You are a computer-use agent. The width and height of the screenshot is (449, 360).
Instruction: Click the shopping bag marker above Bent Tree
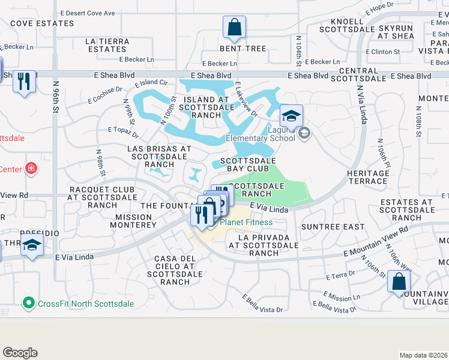point(234,28)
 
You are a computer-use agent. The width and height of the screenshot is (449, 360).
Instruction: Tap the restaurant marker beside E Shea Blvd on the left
point(24,82)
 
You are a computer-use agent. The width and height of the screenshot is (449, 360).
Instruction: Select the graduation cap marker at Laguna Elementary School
point(291,116)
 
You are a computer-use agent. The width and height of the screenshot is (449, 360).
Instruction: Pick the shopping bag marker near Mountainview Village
point(399,283)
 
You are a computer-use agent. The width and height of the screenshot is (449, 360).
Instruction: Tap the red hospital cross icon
point(31,169)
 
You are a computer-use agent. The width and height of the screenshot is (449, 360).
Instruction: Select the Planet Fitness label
point(246,222)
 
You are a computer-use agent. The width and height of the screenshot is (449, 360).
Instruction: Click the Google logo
point(20,353)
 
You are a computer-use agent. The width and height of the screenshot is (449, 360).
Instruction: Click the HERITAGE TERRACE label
point(367,176)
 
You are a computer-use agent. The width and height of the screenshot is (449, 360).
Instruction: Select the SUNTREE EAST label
point(333,227)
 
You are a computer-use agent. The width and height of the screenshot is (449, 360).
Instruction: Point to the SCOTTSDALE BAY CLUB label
point(248,164)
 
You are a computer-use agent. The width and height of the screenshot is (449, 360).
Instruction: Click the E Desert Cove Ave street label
point(88,13)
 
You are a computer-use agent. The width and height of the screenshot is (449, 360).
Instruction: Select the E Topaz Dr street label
point(123,129)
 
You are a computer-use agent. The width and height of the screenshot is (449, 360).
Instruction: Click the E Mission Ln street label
point(342,296)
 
